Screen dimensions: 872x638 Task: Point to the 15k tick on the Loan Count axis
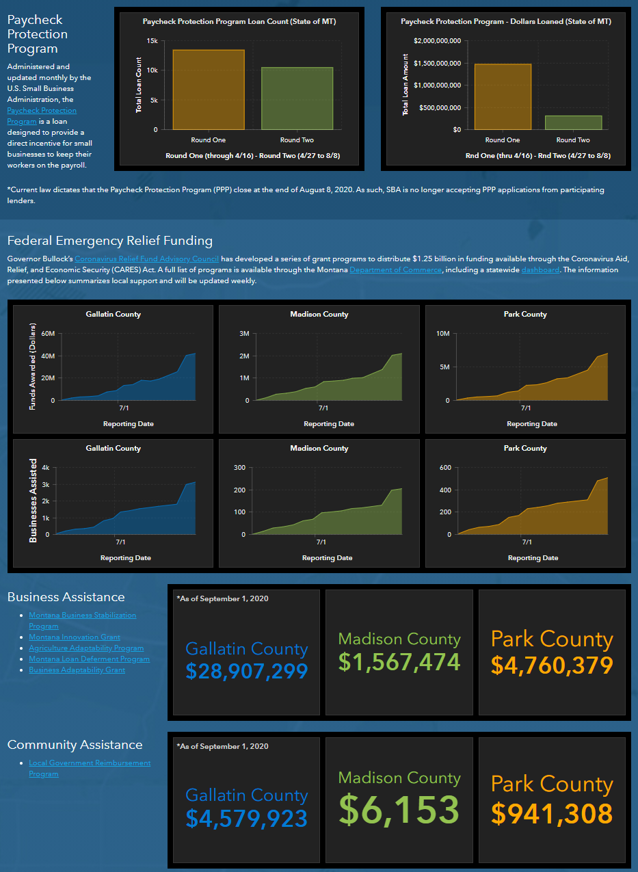click(x=152, y=41)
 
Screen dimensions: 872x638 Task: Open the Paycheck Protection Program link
click(x=42, y=116)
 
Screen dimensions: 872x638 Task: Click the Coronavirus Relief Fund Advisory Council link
click(x=146, y=259)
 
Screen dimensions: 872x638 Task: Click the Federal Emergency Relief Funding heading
click(x=109, y=241)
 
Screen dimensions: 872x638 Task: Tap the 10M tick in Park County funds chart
click(x=442, y=334)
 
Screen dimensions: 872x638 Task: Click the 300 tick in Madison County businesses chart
click(x=239, y=468)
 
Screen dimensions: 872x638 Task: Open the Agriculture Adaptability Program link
click(x=86, y=648)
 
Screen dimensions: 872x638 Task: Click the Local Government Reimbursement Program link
click(x=90, y=768)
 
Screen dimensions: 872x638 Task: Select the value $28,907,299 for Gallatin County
click(x=247, y=671)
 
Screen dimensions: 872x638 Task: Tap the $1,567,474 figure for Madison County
click(x=399, y=662)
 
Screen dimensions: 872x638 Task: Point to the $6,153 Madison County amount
click(x=399, y=809)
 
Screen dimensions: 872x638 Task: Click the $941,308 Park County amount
click(x=552, y=813)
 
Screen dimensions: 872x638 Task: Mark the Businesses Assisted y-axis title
click(x=34, y=501)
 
